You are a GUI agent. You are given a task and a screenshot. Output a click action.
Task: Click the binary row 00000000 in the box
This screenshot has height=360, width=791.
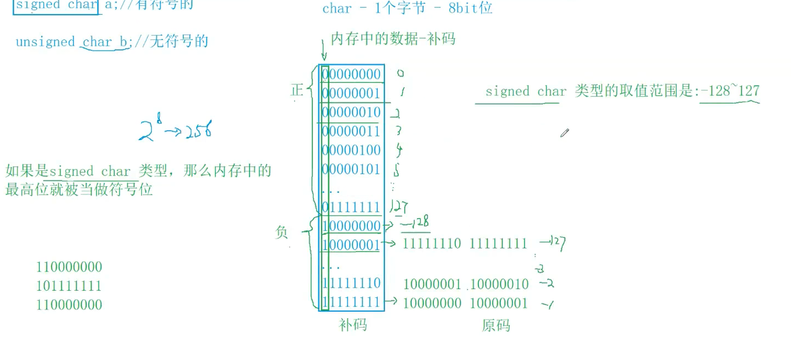coord(351,74)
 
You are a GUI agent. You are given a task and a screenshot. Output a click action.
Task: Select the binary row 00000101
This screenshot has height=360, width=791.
coord(351,169)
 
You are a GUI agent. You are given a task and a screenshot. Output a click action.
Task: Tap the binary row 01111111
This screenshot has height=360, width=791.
coord(351,207)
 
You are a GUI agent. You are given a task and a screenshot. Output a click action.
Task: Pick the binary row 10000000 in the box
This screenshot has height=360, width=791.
coord(351,226)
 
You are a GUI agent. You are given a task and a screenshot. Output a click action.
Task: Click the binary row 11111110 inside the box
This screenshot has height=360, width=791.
coord(351,283)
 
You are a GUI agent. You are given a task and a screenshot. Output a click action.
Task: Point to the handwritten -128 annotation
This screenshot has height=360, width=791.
coord(416,223)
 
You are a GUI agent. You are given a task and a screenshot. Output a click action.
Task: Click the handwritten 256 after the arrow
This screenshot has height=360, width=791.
coord(199,130)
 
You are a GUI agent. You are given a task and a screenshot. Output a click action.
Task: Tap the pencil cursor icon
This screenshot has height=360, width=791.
coord(564,133)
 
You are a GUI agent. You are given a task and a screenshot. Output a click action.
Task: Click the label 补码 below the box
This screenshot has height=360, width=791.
coord(353,325)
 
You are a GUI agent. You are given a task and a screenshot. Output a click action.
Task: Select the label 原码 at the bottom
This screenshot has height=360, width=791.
coord(496,326)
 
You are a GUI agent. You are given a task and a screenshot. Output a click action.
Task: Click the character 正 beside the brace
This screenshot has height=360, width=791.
coord(297,90)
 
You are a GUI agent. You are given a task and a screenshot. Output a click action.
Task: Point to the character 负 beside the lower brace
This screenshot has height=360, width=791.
coord(281,232)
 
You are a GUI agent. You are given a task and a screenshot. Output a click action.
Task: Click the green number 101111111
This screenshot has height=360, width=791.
coord(69,286)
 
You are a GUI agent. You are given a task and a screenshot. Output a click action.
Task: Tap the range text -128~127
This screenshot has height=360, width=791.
coord(730,91)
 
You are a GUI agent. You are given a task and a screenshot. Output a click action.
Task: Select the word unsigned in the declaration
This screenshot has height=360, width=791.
coord(45,42)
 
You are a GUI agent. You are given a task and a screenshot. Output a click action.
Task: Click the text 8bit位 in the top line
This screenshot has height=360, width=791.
coord(470,8)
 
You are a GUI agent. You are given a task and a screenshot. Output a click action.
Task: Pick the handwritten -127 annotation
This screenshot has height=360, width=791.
coord(553,243)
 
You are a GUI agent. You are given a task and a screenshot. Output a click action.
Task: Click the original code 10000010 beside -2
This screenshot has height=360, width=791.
coord(499,284)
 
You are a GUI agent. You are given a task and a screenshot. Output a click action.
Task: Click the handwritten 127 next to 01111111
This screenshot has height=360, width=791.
coord(399,206)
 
